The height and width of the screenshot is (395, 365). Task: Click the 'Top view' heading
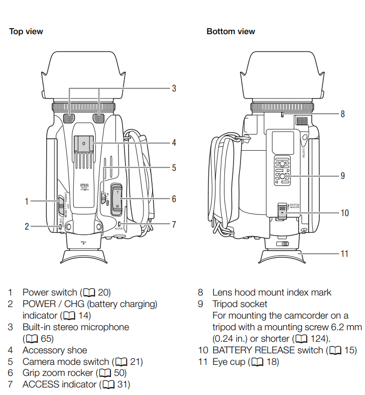tap(26, 31)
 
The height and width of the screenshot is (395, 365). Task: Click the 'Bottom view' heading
tap(230, 31)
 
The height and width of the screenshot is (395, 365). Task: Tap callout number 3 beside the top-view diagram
tap(174, 88)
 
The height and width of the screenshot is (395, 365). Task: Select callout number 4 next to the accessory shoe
tap(174, 143)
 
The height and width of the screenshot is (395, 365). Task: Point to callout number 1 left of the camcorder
tap(27, 202)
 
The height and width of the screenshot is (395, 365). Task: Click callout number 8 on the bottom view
tap(342, 114)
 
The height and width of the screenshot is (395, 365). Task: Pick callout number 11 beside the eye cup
tap(344, 253)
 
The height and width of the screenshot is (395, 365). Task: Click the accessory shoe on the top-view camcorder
tap(84, 144)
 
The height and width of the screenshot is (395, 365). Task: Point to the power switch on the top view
tap(60, 202)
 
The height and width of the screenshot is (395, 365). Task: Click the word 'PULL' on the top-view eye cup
tap(84, 242)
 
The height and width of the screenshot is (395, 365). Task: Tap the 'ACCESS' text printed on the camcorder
tap(118, 228)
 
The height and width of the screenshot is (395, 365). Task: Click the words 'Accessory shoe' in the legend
tap(55, 350)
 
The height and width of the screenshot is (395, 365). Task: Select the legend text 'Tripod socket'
tap(239, 304)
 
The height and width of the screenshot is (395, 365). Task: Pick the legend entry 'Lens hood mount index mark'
tap(272, 292)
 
